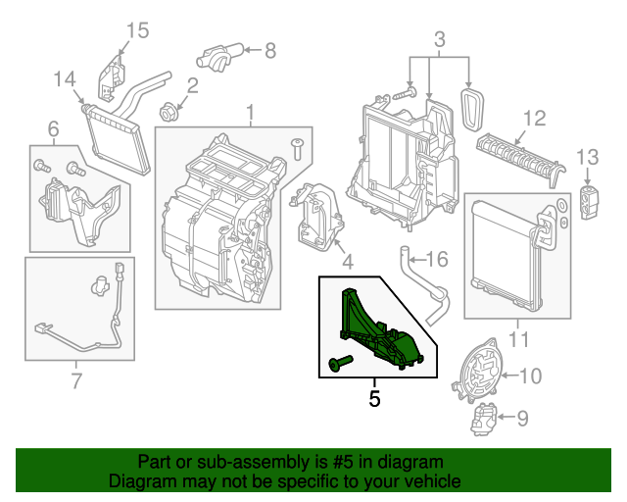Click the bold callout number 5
pyautogui.click(x=373, y=399)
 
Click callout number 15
pyautogui.click(x=137, y=30)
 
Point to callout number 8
pyautogui.click(x=270, y=48)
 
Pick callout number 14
pyautogui.click(x=64, y=78)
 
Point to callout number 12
pyautogui.click(x=532, y=119)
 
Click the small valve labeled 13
pyautogui.click(x=589, y=200)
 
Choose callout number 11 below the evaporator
pyautogui.click(x=518, y=340)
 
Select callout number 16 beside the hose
pyautogui.click(x=436, y=260)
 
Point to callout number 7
pyautogui.click(x=76, y=380)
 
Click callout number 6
pyautogui.click(x=53, y=128)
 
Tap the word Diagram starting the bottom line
pyautogui.click(x=141, y=482)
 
